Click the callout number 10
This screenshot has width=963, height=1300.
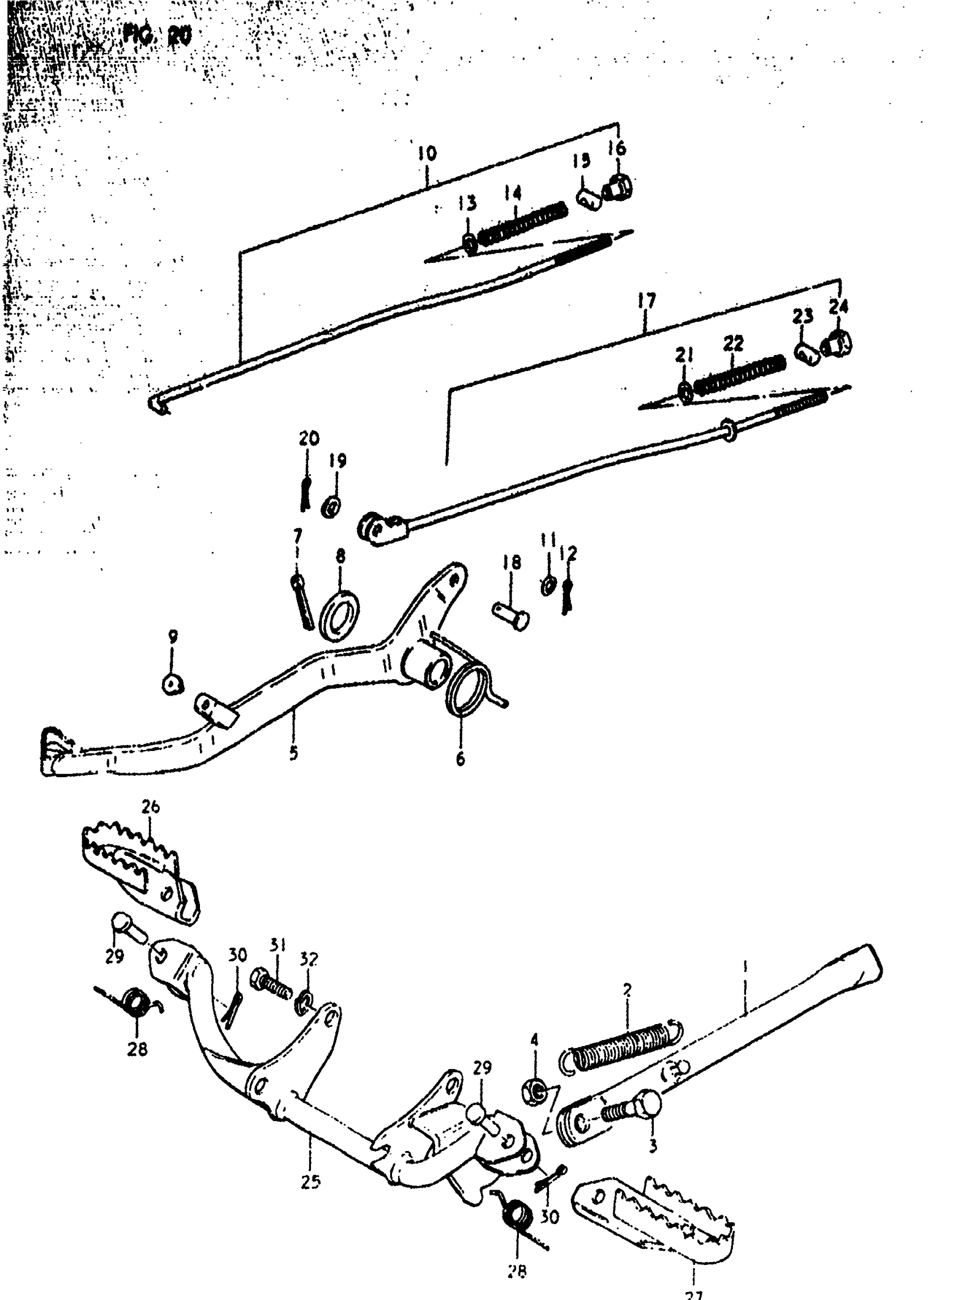[427, 154]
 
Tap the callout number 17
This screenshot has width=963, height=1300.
[646, 301]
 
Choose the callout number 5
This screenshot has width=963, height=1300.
[293, 753]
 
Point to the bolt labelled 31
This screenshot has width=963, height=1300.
[271, 985]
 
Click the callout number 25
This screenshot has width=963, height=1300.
[310, 1182]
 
